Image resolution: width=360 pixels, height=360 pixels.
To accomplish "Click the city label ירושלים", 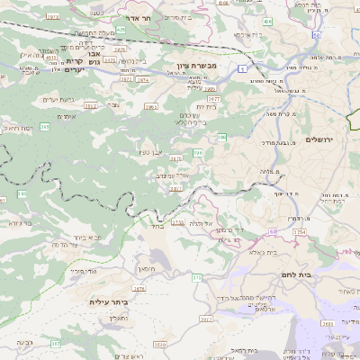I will point(320,139).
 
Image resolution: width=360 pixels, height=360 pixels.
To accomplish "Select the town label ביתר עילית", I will point(110,301).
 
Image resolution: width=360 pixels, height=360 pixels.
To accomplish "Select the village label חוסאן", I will point(148,268).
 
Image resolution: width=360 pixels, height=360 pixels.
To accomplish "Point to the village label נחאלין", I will point(119,318).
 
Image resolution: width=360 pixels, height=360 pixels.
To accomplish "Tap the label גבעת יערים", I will point(58,99).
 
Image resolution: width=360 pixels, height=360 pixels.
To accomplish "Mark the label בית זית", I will point(205,106).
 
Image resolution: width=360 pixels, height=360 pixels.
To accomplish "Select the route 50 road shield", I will point(272,230).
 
